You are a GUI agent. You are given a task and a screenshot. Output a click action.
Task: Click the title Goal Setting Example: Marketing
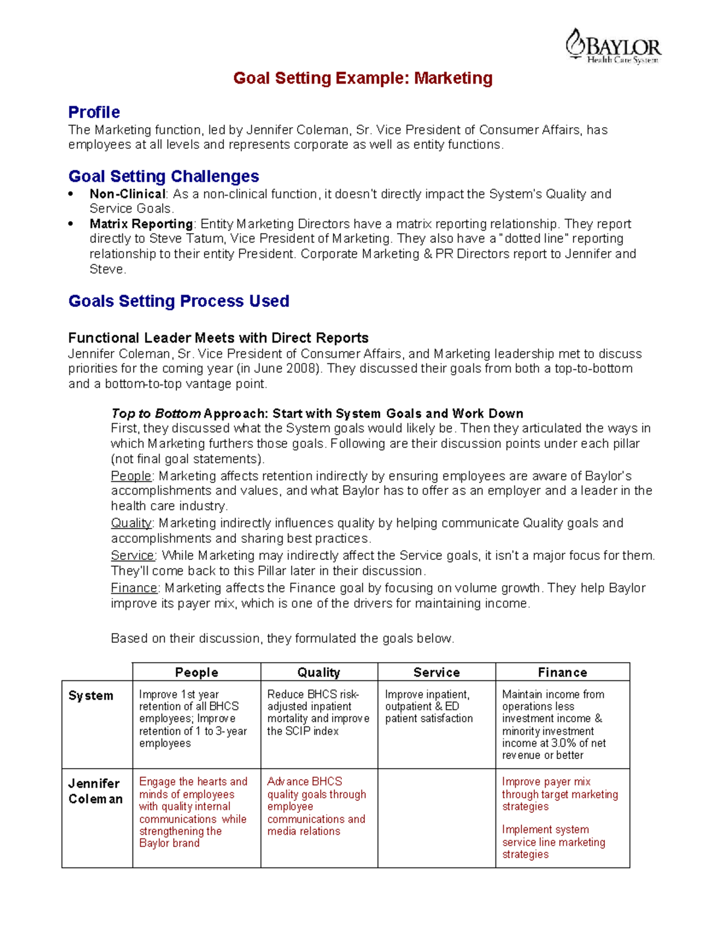point(363,78)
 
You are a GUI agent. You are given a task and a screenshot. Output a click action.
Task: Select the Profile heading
point(94,113)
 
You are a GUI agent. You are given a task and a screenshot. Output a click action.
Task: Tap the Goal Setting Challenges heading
point(163,177)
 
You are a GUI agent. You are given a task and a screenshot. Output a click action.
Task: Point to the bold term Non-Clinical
point(127,194)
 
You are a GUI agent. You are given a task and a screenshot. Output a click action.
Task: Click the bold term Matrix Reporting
point(141,224)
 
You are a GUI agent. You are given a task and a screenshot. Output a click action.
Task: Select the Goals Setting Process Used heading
point(178,301)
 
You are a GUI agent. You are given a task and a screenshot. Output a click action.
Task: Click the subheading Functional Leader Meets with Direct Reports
point(218,338)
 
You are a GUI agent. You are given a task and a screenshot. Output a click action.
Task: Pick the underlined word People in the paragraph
point(131,476)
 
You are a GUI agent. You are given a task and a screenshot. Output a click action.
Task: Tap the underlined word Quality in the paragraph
point(131,524)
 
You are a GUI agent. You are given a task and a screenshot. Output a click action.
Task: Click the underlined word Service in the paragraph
point(133,556)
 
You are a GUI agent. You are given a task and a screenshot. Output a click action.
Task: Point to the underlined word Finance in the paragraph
point(134,588)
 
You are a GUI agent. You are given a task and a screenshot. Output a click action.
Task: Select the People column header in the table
point(197,672)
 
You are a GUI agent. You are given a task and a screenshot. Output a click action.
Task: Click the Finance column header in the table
point(562,672)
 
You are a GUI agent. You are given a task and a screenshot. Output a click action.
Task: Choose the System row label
point(91,696)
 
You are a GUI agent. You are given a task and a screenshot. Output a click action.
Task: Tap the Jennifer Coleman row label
point(95,791)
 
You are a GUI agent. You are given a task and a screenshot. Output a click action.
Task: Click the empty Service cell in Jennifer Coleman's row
point(436,818)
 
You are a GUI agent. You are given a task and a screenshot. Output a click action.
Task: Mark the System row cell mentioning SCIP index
point(319,713)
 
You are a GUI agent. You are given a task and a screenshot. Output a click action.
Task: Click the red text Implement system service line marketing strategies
point(553,842)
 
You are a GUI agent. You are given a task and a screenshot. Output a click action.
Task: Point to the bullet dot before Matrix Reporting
point(71,224)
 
